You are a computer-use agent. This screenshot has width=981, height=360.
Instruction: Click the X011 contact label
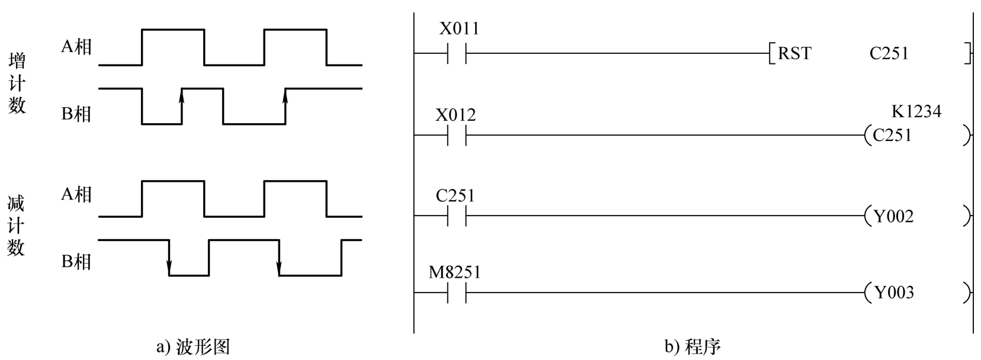point(459,28)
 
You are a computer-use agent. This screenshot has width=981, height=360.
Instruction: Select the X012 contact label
point(456,114)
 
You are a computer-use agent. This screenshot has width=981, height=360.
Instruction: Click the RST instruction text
point(794,54)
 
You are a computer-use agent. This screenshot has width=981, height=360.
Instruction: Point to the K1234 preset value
point(916,111)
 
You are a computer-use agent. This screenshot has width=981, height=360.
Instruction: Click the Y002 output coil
point(893,217)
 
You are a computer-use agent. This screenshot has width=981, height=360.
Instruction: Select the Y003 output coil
point(893,292)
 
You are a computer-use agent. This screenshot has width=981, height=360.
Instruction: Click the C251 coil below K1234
point(892,136)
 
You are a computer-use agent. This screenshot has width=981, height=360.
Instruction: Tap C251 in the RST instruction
point(889,54)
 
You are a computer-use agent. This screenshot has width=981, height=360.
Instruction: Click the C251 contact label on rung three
point(455,195)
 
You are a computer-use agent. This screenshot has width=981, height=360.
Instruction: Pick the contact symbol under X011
point(457,54)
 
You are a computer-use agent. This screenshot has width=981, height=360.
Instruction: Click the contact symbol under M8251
point(457,292)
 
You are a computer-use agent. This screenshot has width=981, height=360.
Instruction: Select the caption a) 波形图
point(193,346)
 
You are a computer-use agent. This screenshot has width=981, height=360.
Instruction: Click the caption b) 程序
point(692,346)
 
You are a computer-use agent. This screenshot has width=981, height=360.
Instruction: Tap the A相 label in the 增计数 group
point(76,46)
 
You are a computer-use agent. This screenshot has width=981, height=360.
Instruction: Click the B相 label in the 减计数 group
point(76,261)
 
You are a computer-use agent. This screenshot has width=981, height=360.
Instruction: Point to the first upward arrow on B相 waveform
point(182,98)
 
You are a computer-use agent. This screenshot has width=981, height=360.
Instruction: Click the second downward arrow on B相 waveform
point(279,266)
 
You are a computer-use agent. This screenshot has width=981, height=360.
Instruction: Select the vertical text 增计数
point(17,83)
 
